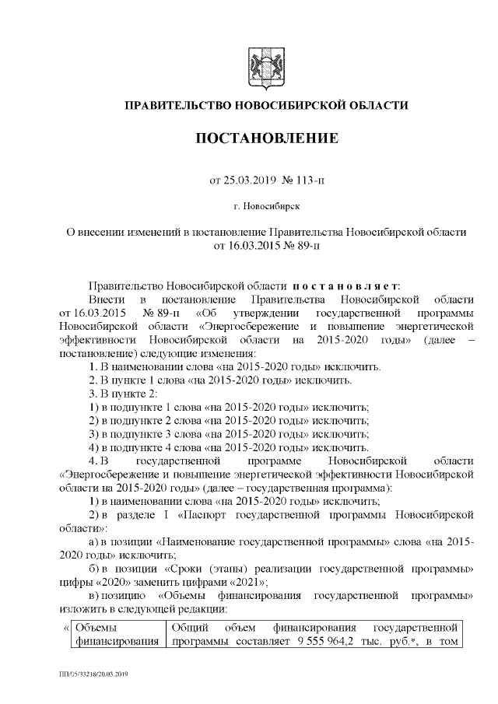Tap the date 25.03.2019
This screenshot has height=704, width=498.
[x=245, y=181]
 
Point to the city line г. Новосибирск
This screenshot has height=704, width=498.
[x=267, y=208]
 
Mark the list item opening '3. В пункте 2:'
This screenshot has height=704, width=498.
[x=124, y=393]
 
